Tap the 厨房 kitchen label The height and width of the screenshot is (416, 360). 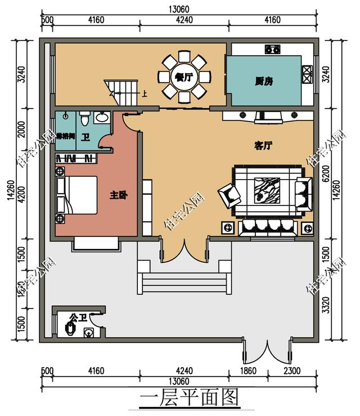pos(264,81)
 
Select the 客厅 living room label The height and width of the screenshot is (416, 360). pos(263,146)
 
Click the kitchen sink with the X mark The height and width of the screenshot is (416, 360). pos(308,71)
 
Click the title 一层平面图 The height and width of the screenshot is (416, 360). pos(188,397)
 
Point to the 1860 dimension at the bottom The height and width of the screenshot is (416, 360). pos(248,371)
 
